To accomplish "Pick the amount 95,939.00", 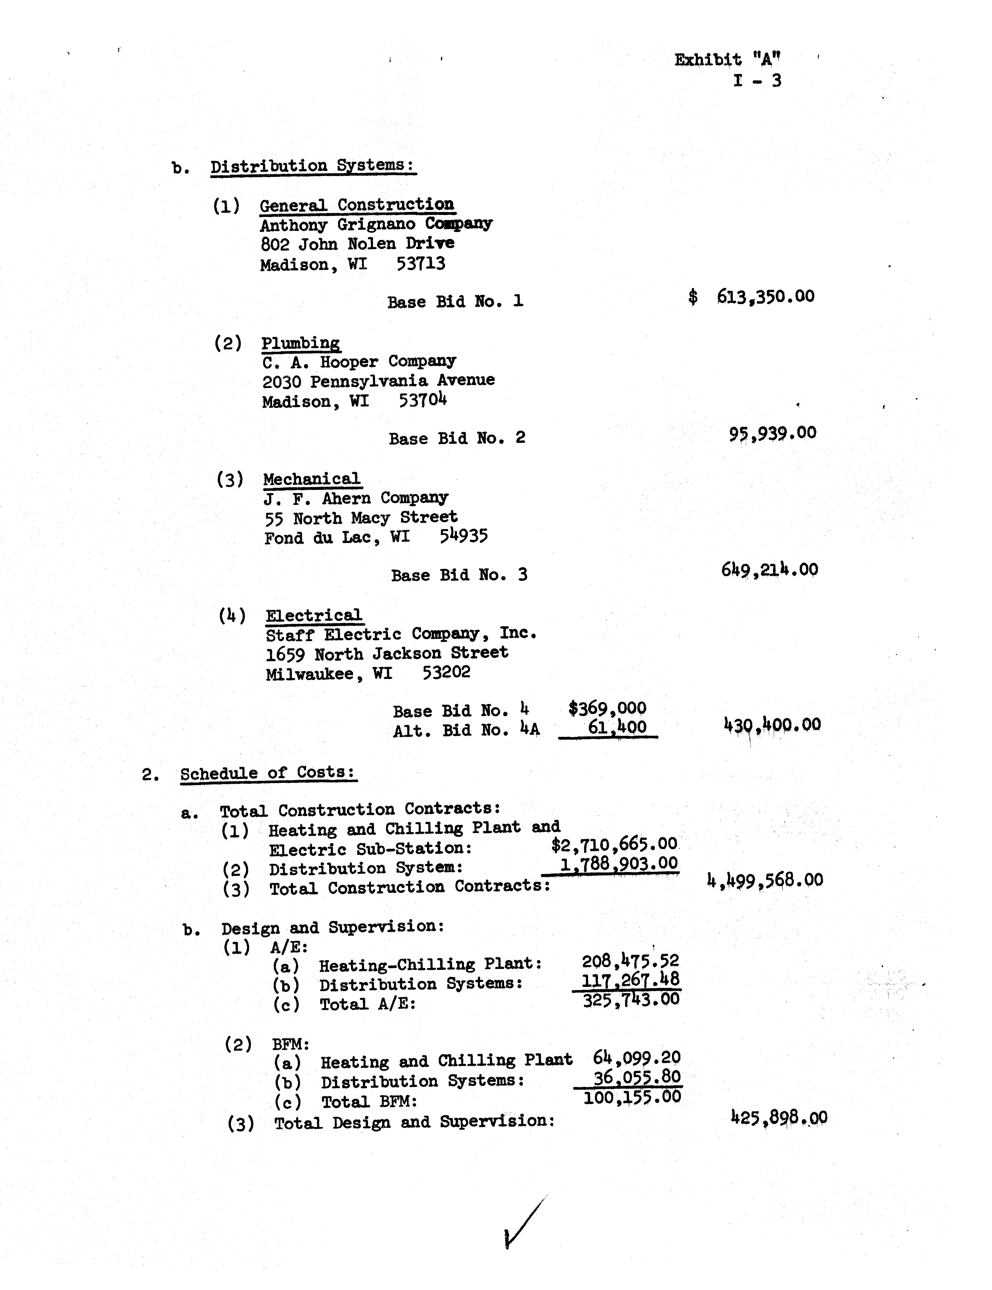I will pos(772,434).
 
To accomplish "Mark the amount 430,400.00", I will pos(772,724).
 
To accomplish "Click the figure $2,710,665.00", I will pos(614,845).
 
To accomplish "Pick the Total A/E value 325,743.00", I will pos(631,999).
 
